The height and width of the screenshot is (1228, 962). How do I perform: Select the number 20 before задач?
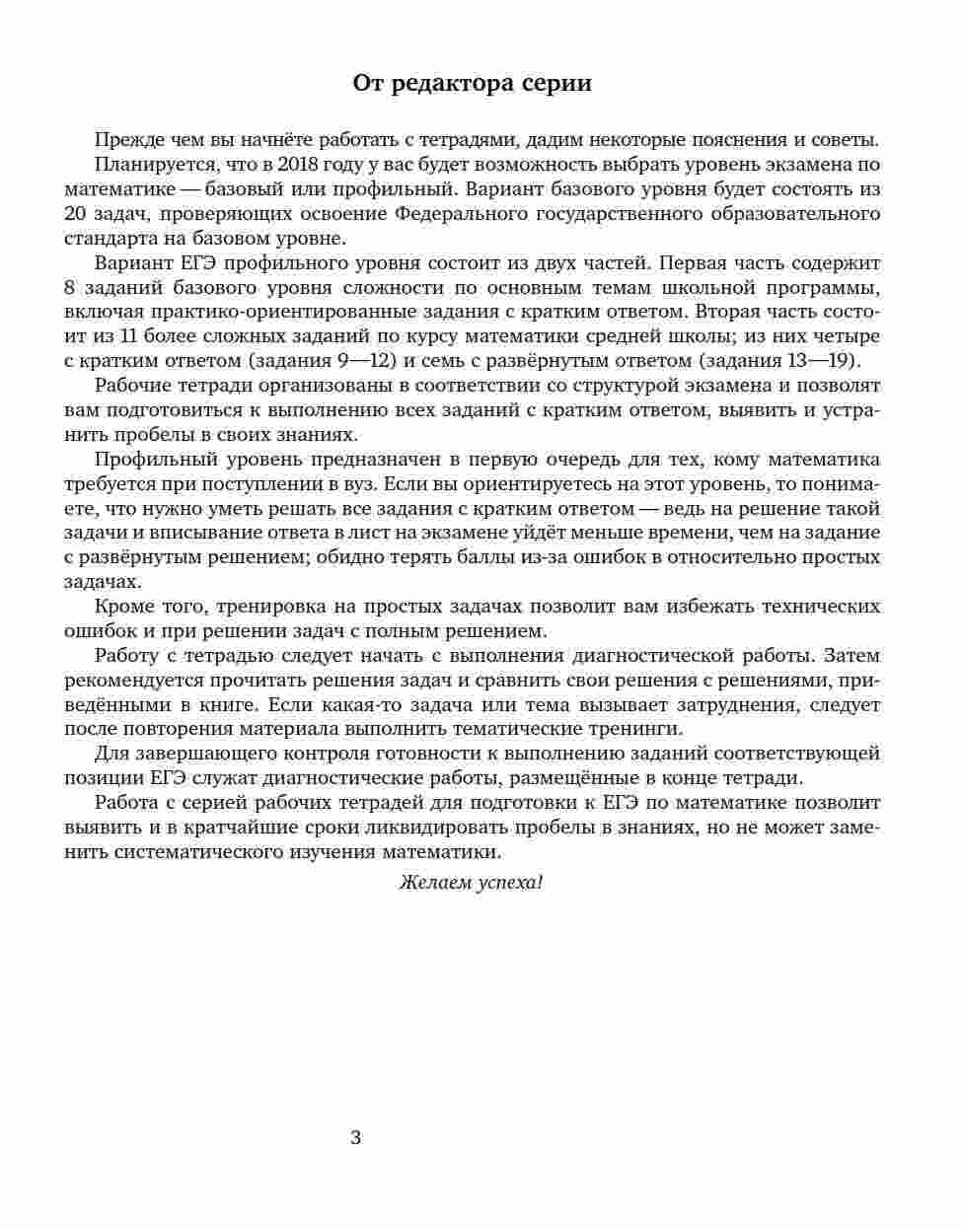(75, 214)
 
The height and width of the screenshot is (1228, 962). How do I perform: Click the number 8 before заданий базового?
(69, 288)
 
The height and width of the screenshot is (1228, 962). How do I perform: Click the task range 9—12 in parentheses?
(343, 361)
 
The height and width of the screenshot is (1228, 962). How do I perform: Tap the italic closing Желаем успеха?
(471, 882)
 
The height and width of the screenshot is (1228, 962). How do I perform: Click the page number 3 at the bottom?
(356, 1137)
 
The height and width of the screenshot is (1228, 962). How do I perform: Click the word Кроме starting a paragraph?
(122, 607)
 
